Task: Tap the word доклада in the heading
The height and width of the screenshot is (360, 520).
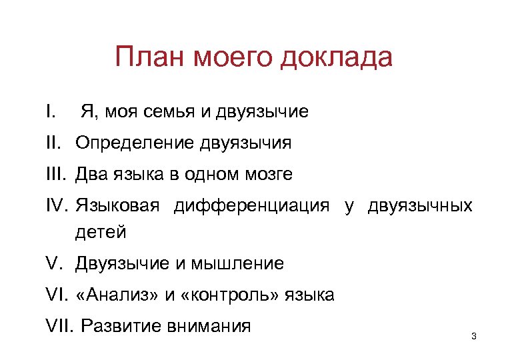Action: coord(337,58)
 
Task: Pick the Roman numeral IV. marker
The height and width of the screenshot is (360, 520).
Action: coord(58,206)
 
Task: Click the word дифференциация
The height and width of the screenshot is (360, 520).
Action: coord(252,206)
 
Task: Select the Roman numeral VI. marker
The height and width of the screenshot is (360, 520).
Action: coord(58,295)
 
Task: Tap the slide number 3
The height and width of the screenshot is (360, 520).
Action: coord(473,335)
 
